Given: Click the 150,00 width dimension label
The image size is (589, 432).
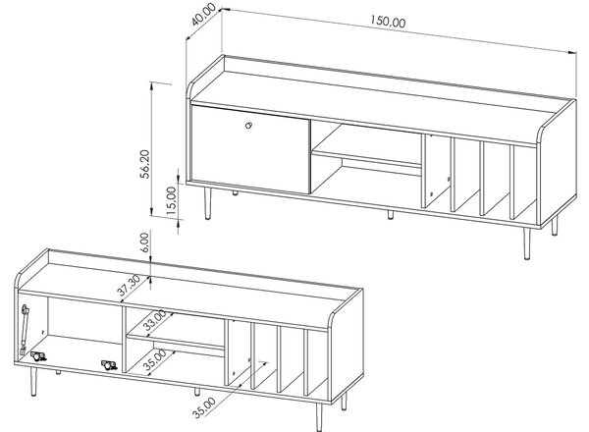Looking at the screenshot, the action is [388, 22].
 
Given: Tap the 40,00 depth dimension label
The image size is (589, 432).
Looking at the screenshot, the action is [203, 14].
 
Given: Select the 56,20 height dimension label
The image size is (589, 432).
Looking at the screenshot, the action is [144, 163].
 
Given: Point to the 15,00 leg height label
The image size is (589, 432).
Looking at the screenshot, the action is [171, 200].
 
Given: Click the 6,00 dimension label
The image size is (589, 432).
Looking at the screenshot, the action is [144, 243].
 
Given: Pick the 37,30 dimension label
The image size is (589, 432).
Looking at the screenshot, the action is [129, 285].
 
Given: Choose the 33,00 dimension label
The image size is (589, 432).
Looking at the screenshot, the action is [155, 320].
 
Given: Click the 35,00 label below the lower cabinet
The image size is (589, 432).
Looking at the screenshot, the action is [204, 407].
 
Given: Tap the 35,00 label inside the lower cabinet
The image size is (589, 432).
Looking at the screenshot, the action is [155, 360].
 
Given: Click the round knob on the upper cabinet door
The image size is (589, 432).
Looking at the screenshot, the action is [248, 125].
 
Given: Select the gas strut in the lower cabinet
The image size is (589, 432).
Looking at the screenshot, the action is [24, 330].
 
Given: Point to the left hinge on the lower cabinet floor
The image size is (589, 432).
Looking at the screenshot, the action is [38, 356].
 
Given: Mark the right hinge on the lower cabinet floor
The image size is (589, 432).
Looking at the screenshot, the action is [109, 365].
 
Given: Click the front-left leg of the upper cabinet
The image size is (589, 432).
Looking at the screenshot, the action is [207, 203].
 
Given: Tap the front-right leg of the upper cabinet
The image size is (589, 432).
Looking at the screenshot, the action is [527, 243].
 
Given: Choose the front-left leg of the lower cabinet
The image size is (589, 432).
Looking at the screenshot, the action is [33, 381].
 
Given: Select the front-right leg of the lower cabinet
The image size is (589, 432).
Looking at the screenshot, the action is [319, 417].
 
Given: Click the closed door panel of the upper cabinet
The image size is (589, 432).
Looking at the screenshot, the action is [250, 149].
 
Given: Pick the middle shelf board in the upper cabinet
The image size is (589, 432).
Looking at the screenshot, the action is [366, 158].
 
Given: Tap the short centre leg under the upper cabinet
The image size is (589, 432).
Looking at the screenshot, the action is [391, 214].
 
